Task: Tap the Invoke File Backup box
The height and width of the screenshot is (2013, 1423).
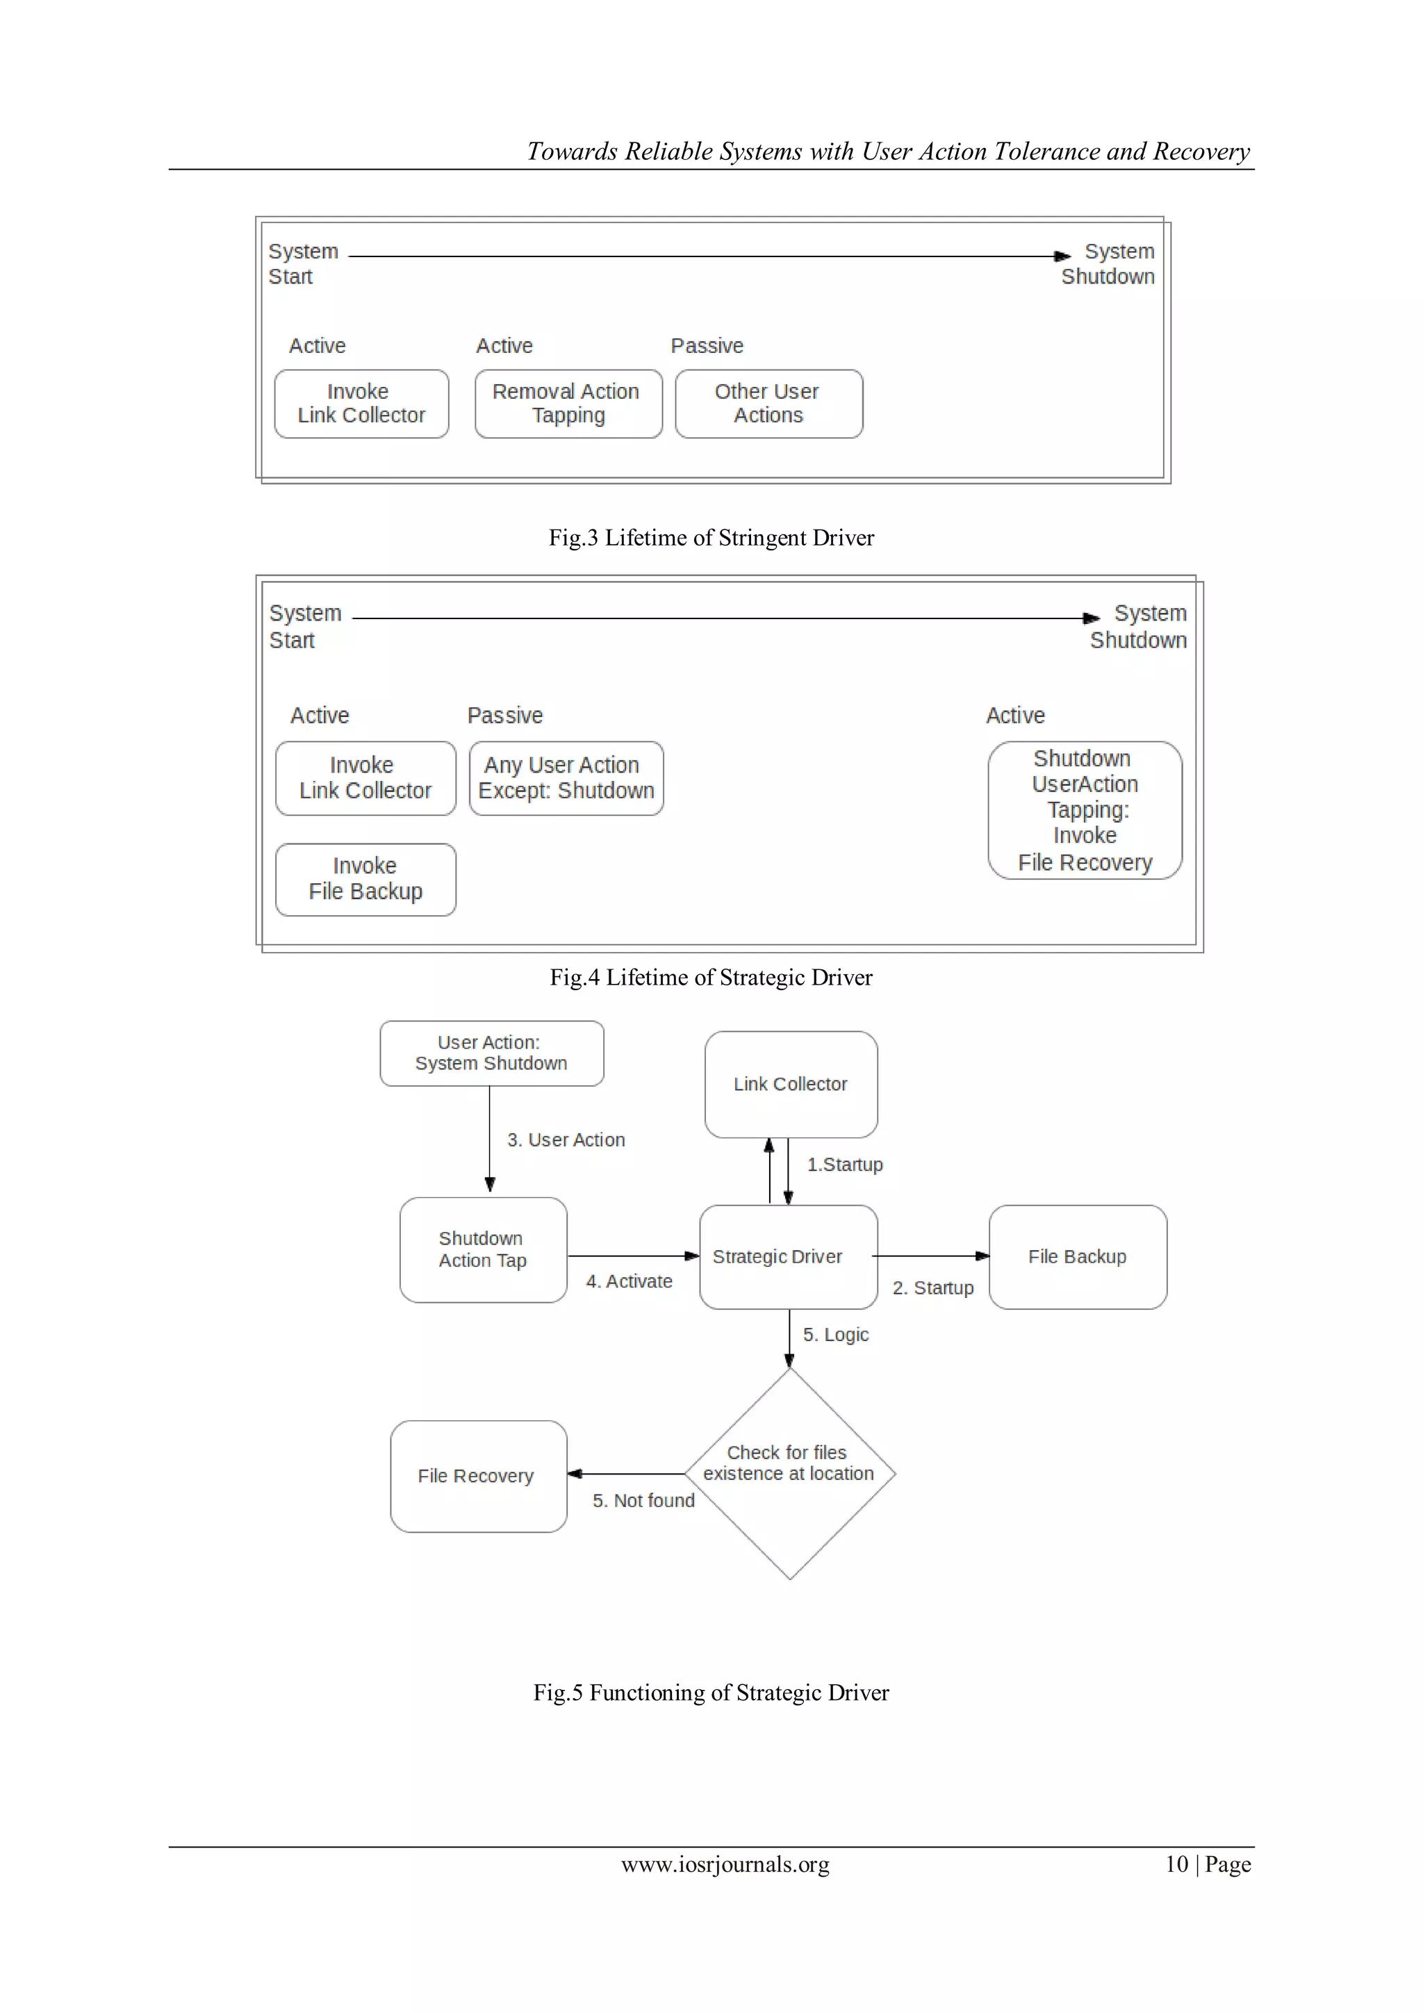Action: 365,880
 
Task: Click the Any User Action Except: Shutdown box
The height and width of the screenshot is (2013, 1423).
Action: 566,778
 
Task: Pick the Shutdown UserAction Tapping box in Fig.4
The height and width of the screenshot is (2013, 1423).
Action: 1085,810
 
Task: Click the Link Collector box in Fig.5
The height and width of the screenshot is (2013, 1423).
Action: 791,1085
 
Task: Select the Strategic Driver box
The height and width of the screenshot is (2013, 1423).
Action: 788,1256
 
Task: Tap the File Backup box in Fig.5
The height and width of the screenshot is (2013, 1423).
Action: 1078,1256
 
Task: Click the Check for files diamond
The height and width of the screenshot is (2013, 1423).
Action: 789,1474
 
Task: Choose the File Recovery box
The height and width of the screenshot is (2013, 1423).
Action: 478,1477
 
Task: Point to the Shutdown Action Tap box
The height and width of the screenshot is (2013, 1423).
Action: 483,1249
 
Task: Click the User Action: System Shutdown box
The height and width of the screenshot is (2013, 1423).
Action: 491,1053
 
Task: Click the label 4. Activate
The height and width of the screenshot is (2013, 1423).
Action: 629,1281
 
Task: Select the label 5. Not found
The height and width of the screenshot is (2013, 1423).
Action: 643,1500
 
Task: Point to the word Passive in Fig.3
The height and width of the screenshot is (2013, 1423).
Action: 707,345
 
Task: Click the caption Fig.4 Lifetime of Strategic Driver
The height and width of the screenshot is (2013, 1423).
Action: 711,977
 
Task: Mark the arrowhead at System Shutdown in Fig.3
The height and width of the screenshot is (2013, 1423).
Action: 1062,256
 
